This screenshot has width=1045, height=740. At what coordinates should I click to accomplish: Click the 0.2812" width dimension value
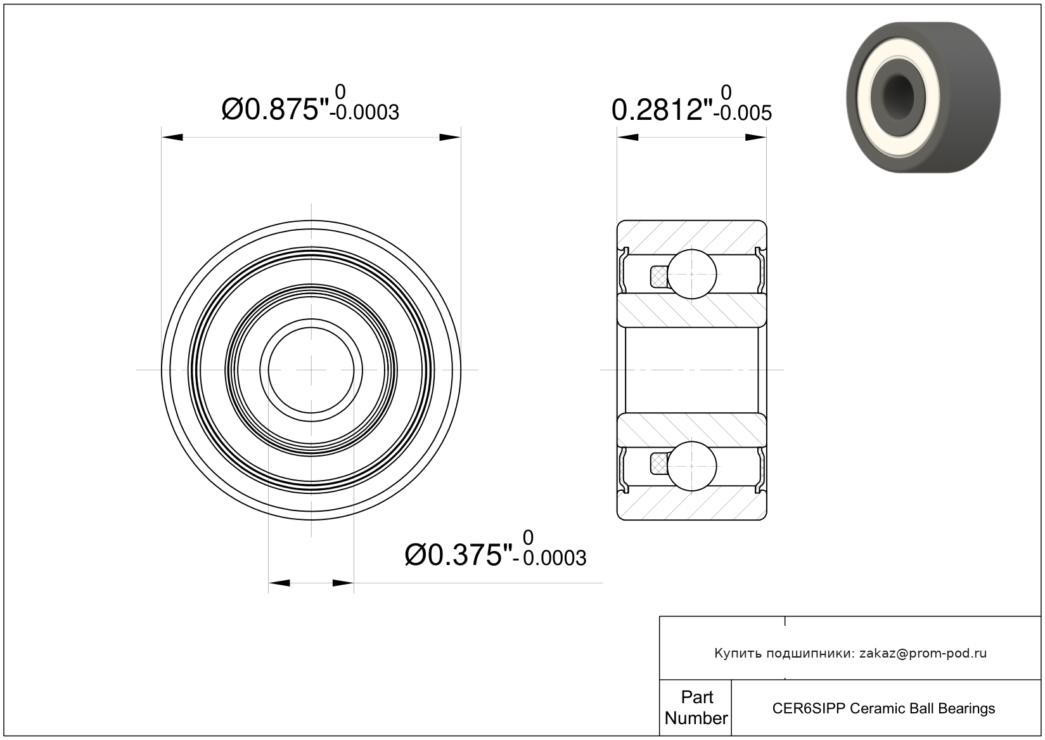click(662, 110)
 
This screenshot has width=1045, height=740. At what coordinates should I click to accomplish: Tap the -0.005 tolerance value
click(746, 114)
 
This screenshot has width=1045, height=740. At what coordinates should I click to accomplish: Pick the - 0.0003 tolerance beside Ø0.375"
click(549, 558)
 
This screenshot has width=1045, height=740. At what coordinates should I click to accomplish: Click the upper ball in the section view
click(692, 274)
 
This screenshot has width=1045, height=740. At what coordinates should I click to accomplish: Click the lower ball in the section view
click(692, 467)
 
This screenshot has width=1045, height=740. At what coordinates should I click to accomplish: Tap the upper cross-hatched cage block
click(658, 276)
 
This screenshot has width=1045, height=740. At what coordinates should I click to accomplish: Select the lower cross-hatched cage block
click(658, 465)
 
